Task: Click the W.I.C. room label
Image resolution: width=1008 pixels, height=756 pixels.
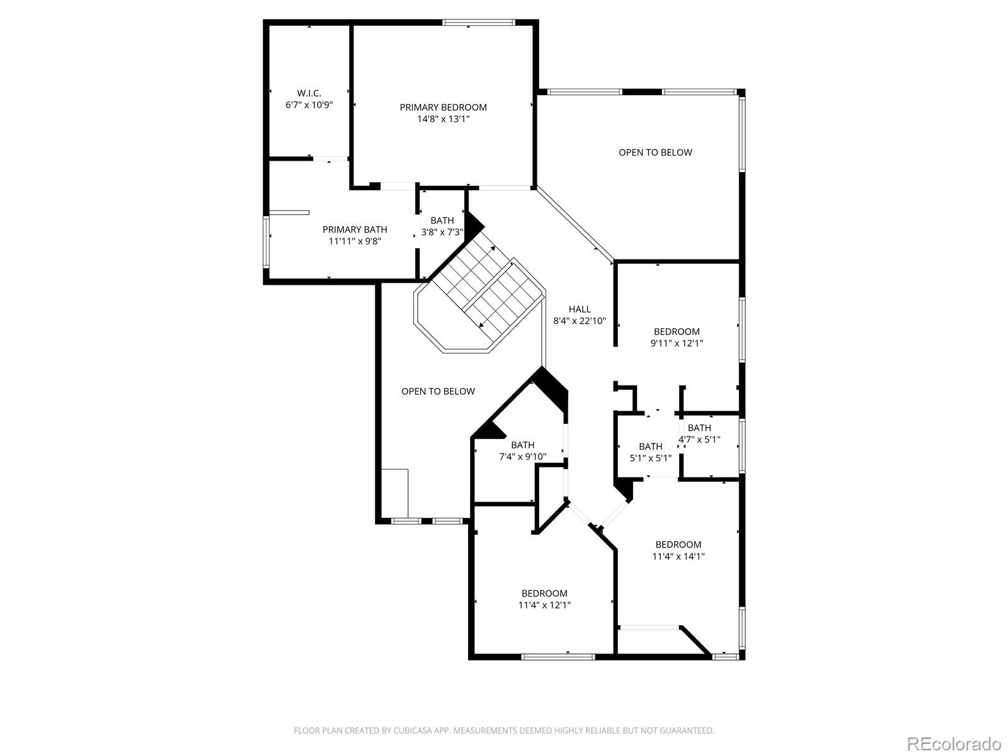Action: [x=309, y=93]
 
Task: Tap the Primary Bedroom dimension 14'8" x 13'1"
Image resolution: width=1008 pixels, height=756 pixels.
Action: [x=443, y=119]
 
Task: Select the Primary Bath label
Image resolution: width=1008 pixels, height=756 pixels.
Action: [x=355, y=229]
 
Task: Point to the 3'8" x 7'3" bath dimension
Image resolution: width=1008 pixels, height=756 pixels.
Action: [x=442, y=232]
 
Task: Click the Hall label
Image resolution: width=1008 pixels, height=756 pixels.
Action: [x=580, y=309]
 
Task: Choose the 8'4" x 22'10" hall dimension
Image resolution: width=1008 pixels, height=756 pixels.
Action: [x=580, y=321]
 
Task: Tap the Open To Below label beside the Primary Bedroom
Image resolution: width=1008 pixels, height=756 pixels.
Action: [x=655, y=152]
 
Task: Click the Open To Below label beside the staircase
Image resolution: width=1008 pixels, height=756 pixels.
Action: [x=438, y=391]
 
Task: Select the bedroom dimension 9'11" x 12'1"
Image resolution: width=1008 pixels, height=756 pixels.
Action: [x=677, y=343]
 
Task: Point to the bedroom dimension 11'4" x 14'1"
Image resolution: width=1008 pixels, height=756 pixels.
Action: [x=678, y=556]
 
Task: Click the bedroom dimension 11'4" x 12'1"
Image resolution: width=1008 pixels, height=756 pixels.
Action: [x=544, y=605]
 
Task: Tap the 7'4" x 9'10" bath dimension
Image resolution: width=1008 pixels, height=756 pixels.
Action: [x=522, y=457]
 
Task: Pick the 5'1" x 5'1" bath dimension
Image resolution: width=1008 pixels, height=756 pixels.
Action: [x=650, y=459]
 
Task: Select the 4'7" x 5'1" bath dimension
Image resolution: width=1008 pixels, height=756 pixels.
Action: [x=699, y=440]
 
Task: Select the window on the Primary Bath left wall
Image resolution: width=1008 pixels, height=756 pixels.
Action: [x=266, y=242]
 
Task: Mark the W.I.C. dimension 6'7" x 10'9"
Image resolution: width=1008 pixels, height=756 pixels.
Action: [x=309, y=105]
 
